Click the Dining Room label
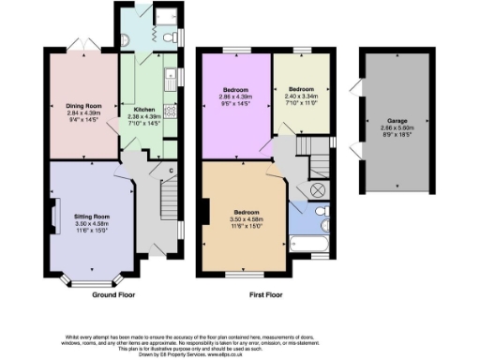(83, 106)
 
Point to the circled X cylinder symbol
(316, 189)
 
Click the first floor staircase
(307, 147)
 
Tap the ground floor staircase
(168, 199)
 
